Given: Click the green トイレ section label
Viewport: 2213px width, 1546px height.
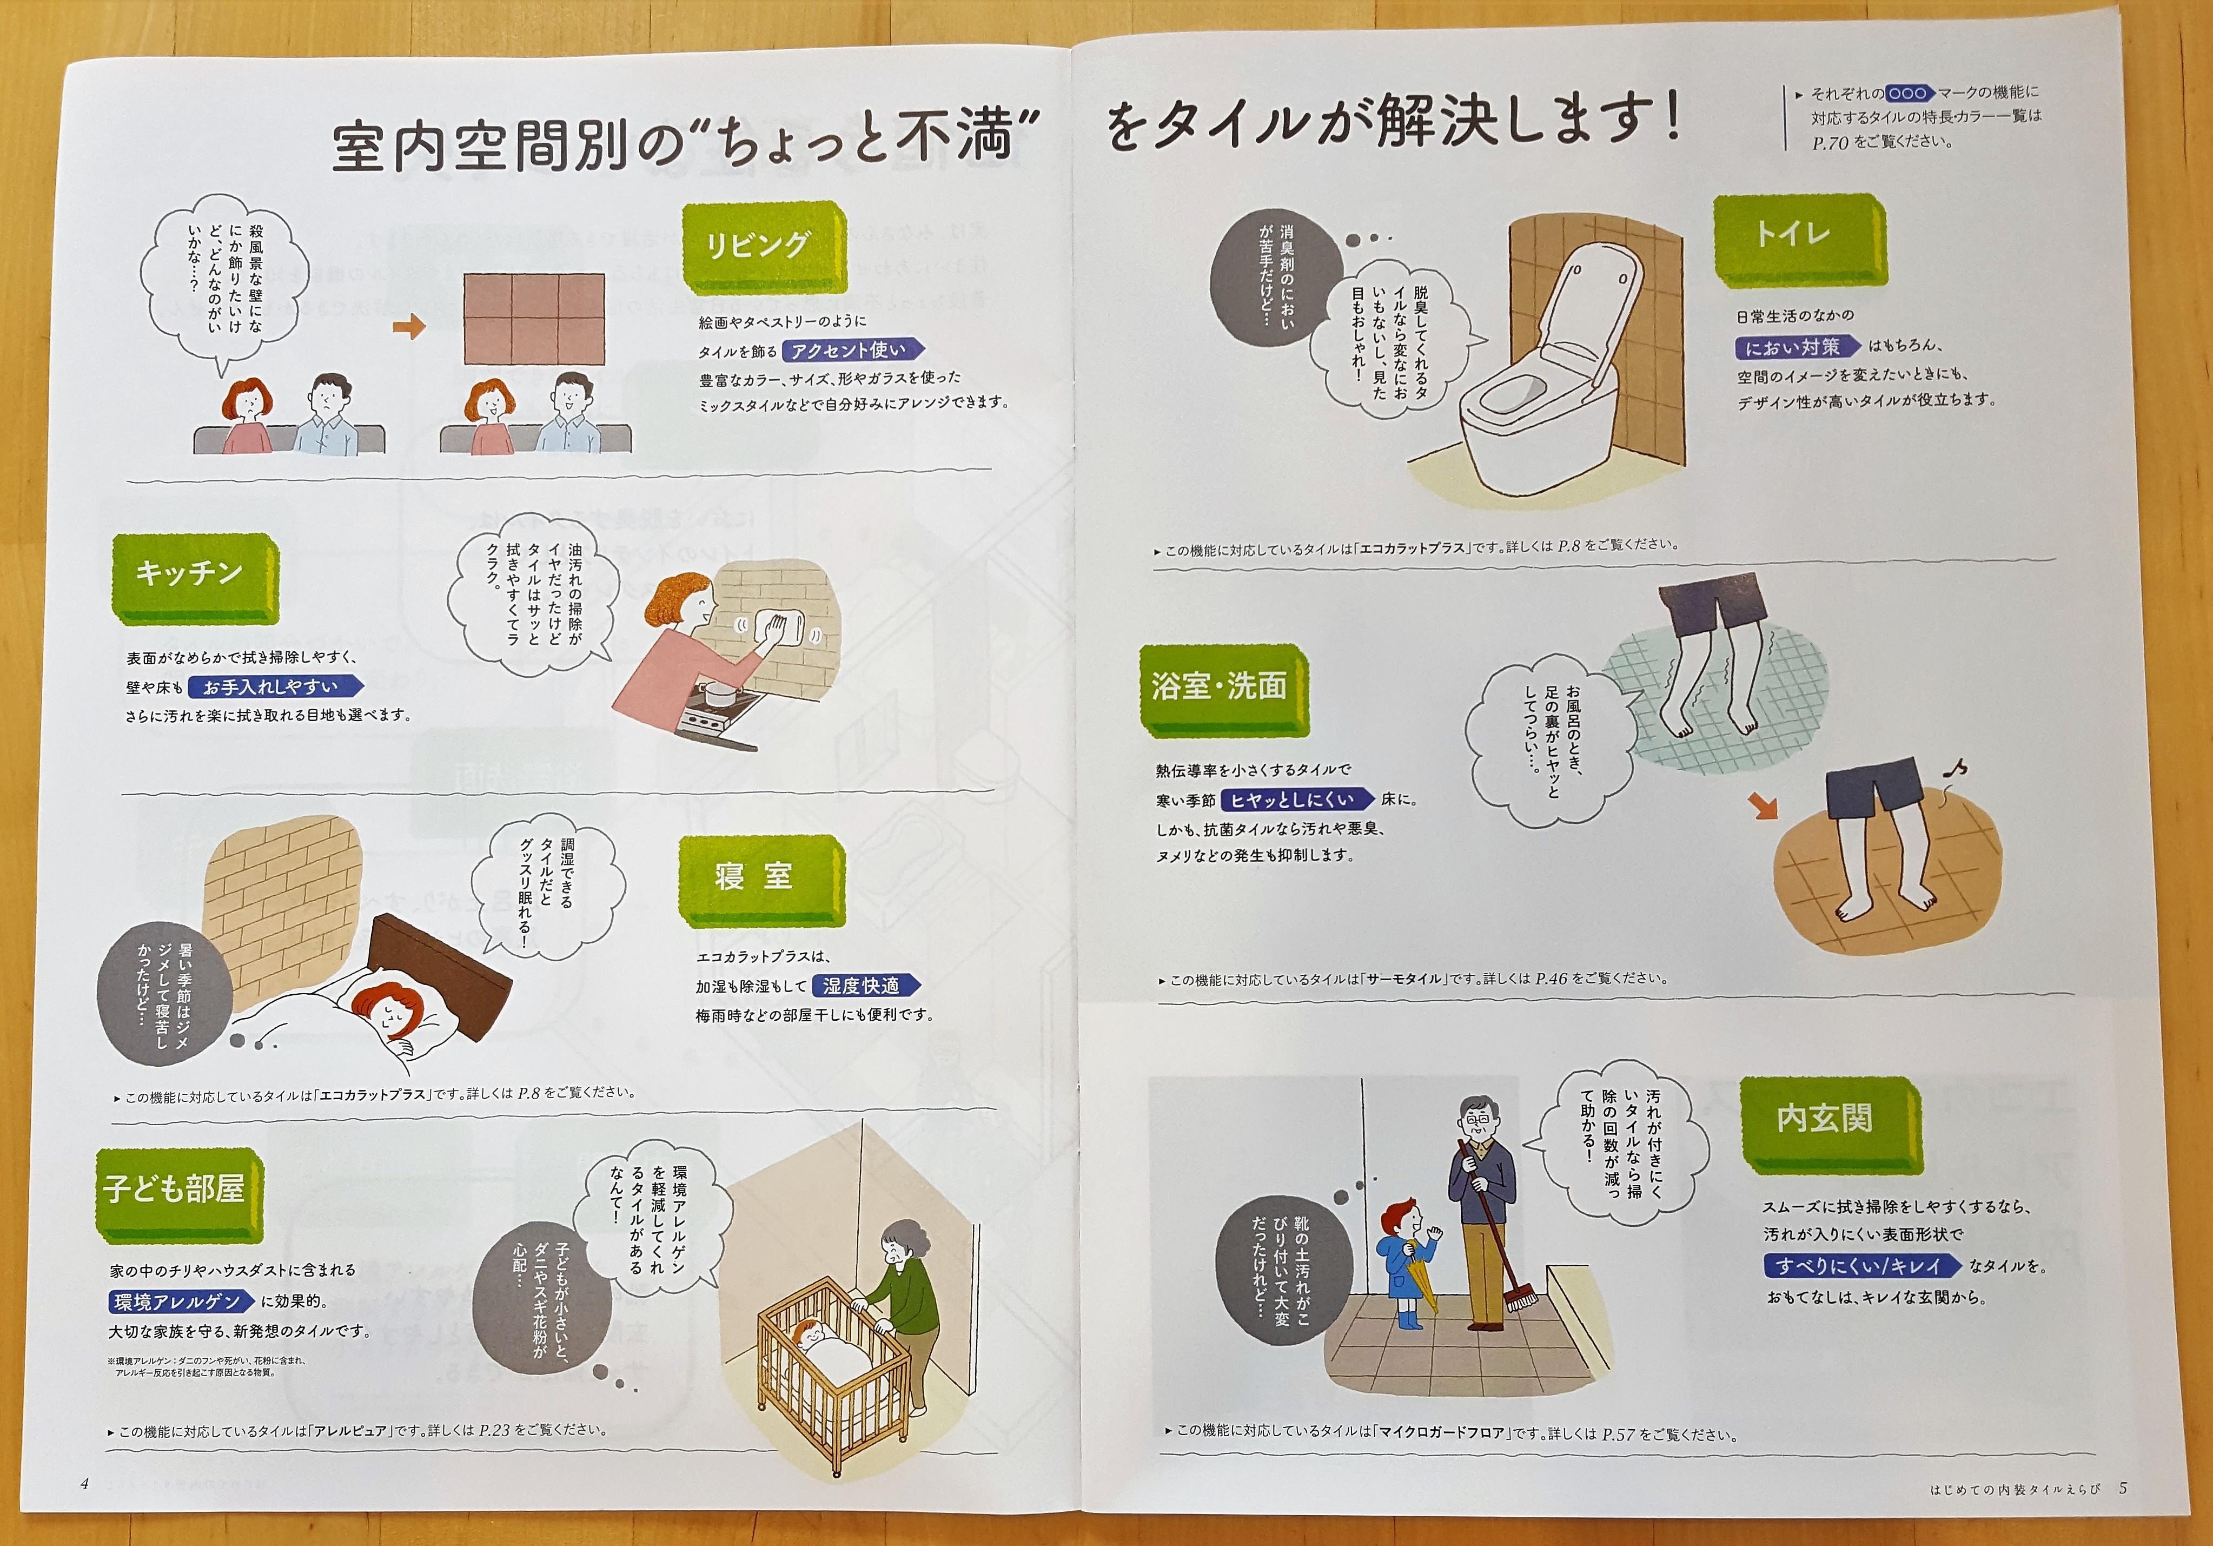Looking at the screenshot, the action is coord(1799,239).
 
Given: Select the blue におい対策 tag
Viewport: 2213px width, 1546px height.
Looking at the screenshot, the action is coord(1797,347).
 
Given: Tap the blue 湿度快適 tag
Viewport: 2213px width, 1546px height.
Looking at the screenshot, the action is coord(865,985).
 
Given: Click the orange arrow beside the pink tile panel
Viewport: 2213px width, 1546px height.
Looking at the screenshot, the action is coord(409,328).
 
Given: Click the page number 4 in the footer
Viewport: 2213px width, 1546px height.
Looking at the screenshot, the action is coord(85,1483).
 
